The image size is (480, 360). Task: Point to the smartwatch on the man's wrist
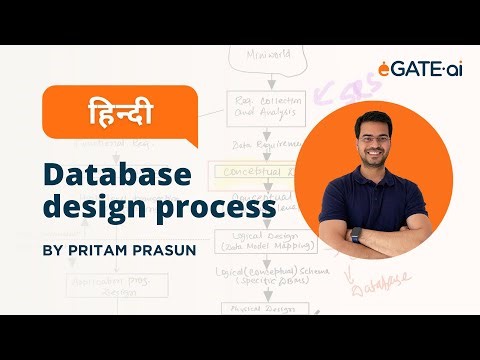tap(355, 236)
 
